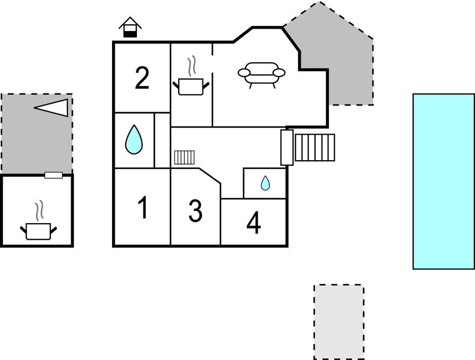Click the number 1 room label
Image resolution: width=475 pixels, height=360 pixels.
tap(142, 208)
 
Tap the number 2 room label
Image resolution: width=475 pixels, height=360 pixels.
tap(142, 78)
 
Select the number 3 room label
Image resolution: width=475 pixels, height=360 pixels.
tap(195, 211)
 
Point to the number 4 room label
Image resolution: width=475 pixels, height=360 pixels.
tap(253, 223)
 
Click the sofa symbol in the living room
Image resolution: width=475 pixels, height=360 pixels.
tap(261, 74)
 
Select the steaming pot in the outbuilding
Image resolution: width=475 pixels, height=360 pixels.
tap(38, 230)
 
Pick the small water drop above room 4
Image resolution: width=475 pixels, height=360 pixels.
tap(265, 183)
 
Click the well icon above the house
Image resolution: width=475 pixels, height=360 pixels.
tap(130, 28)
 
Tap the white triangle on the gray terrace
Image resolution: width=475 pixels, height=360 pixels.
tap(54, 107)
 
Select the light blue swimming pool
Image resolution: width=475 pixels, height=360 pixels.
tap(443, 181)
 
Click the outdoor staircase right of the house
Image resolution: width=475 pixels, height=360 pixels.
tap(314, 147)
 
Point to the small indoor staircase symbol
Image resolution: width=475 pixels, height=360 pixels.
tap(184, 158)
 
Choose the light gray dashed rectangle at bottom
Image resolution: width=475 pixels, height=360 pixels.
tap(339, 321)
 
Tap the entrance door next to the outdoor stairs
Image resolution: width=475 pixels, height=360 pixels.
tap(287, 147)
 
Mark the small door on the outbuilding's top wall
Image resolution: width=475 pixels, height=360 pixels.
tap(53, 176)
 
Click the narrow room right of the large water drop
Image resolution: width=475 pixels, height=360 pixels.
tap(162, 140)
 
